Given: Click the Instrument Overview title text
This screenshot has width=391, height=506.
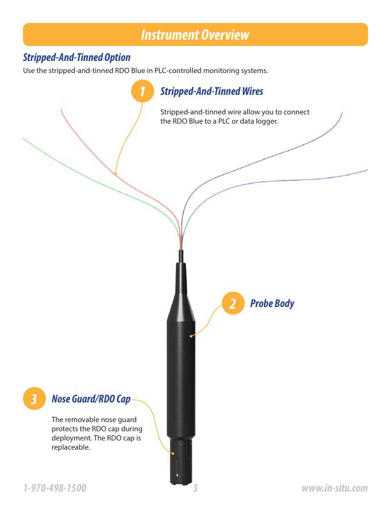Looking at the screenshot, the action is click(195, 35).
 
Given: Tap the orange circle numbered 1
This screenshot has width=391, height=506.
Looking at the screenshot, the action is click(142, 91).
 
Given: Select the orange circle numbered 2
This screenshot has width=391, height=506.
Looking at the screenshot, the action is click(233, 304).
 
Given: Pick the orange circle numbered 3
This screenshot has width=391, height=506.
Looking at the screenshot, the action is click(34, 398).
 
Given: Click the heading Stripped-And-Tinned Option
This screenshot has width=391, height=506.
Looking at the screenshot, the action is click(77, 57).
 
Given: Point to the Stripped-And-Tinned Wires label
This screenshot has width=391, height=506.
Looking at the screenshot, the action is click(212, 91).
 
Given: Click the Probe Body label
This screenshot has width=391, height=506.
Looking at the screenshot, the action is click(273, 304).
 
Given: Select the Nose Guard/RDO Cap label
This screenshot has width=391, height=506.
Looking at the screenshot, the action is click(91, 399).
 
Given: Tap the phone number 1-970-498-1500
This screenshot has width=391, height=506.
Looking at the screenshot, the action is click(55, 488).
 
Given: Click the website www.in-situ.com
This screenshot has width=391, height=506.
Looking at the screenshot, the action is click(335, 488).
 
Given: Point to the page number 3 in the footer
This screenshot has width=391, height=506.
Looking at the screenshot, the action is click(195, 488).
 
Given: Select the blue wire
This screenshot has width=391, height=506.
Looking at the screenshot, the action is click(258, 182).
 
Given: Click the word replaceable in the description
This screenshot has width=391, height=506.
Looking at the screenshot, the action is click(71, 447).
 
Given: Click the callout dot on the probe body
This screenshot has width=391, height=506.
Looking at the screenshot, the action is click(191, 336).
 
